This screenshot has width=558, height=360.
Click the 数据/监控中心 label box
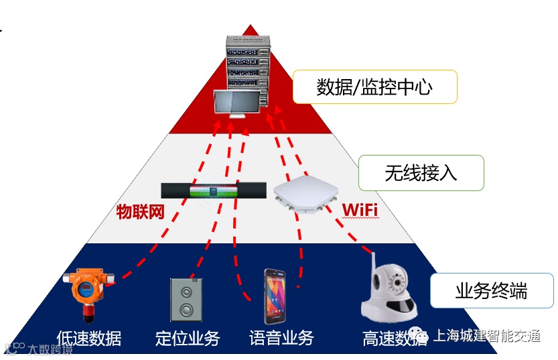pyautogui.click(x=374, y=86)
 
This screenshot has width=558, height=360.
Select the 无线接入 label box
pyautogui.click(x=421, y=173)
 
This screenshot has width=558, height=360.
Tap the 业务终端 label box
pyautogui.click(x=491, y=291)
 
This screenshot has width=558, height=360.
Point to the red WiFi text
pyautogui.click(x=360, y=211)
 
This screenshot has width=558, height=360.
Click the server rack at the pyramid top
pyautogui.click(x=249, y=64)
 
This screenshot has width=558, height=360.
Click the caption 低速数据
pyautogui.click(x=89, y=337)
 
